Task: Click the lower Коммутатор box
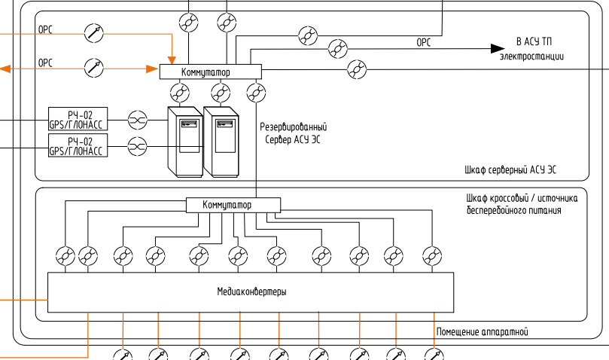click(x=232, y=205)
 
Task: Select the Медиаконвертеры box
click(x=251, y=292)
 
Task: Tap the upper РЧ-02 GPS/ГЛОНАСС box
click(x=78, y=119)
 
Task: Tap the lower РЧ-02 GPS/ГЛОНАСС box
click(x=78, y=146)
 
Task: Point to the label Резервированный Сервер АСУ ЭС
click(x=293, y=133)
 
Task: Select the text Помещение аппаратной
click(x=483, y=331)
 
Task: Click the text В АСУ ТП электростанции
click(x=531, y=49)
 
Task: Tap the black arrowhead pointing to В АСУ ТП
click(x=498, y=48)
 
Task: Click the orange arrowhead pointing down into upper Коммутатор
click(x=172, y=59)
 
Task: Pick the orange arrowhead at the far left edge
click(x=5, y=69)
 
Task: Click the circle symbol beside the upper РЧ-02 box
click(x=137, y=119)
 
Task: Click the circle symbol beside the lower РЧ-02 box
click(x=137, y=146)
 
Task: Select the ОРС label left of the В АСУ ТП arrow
click(x=424, y=43)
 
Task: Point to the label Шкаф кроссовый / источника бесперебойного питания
click(x=522, y=205)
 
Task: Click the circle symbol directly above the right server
click(x=220, y=93)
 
